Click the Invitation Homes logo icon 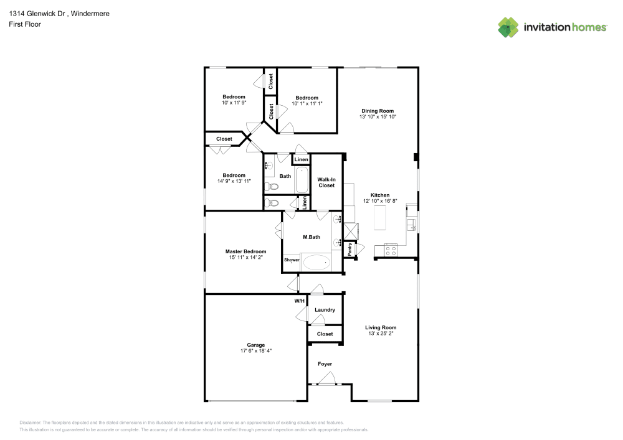(x=508, y=27)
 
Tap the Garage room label (x=256, y=345)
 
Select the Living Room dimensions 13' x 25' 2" (x=381, y=334)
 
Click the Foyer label (x=325, y=364)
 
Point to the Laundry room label (x=325, y=310)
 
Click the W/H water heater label (x=300, y=301)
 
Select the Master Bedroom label (x=245, y=251)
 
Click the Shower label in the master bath (x=292, y=260)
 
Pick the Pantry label (x=350, y=250)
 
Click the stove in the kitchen (x=391, y=250)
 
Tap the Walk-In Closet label (x=326, y=182)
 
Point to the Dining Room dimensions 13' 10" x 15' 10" (x=378, y=116)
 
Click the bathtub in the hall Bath (x=302, y=180)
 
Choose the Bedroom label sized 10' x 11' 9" (x=234, y=97)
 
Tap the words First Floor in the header (x=25, y=24)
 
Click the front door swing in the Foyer (x=328, y=378)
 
